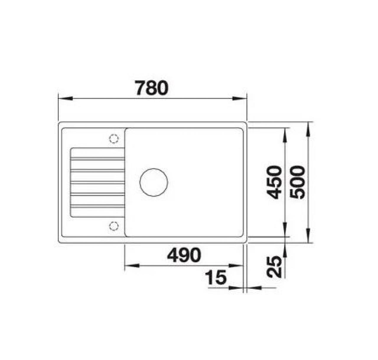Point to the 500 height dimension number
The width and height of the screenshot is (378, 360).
[x=297, y=182]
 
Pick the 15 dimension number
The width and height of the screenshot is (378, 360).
[x=216, y=277]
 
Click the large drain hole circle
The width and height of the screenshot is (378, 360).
[x=154, y=182]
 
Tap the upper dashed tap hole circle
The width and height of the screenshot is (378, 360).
[x=114, y=138]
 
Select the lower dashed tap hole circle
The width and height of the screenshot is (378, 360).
[x=114, y=226]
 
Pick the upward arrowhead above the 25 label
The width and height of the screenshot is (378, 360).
[x=285, y=251]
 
